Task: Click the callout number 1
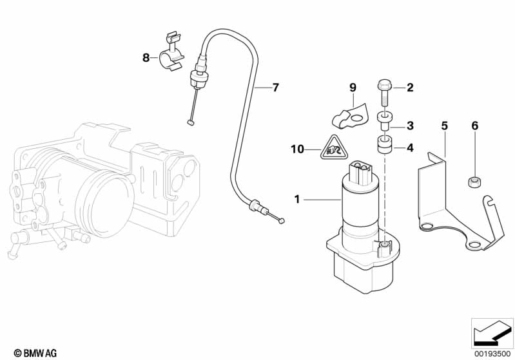click(x=297, y=200)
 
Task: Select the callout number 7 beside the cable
click(x=275, y=87)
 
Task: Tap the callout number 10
click(x=296, y=149)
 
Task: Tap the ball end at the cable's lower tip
click(x=282, y=220)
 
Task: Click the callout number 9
click(x=353, y=87)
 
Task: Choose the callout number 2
click(x=410, y=87)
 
